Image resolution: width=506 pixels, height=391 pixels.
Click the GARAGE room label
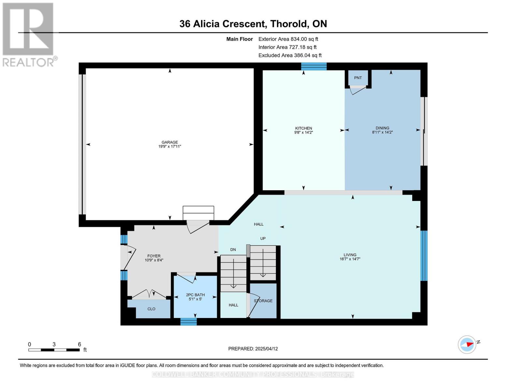[x=169, y=142]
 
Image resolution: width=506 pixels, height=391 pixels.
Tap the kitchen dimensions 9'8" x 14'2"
[x=303, y=133]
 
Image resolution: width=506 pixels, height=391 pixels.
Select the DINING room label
[x=382, y=128]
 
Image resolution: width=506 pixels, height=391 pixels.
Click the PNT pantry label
[x=358, y=78]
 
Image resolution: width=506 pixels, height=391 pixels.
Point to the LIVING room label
[x=350, y=255]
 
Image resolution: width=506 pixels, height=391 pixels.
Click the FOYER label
[x=154, y=256]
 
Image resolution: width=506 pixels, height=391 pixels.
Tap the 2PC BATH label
[x=195, y=295]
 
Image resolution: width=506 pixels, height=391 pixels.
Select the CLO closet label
[x=151, y=309]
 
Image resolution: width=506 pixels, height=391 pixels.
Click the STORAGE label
[x=263, y=301]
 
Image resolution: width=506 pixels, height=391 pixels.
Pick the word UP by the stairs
[x=263, y=239]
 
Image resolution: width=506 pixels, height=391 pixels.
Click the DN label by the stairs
[x=233, y=250]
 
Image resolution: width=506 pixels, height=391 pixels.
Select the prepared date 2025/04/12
[x=266, y=349]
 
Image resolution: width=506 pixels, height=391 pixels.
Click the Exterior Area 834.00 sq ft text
[x=288, y=39]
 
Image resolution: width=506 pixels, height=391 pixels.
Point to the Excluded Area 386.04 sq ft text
[x=290, y=55]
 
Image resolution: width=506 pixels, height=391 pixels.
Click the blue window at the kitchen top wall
[x=313, y=66]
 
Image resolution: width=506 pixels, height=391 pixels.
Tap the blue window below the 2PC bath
[x=188, y=322]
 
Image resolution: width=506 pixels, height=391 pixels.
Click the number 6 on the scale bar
[x=79, y=344]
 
